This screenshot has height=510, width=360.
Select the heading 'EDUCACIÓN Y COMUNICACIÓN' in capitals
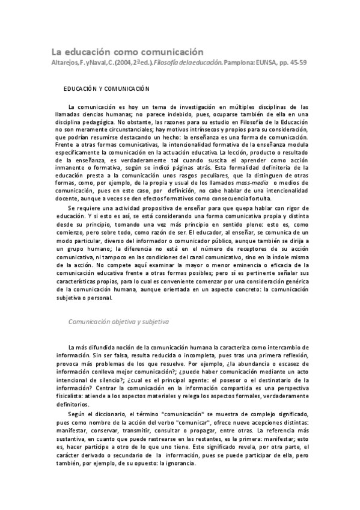(x=106, y=88)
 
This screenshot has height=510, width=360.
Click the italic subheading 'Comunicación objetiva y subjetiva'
(x=118, y=322)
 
